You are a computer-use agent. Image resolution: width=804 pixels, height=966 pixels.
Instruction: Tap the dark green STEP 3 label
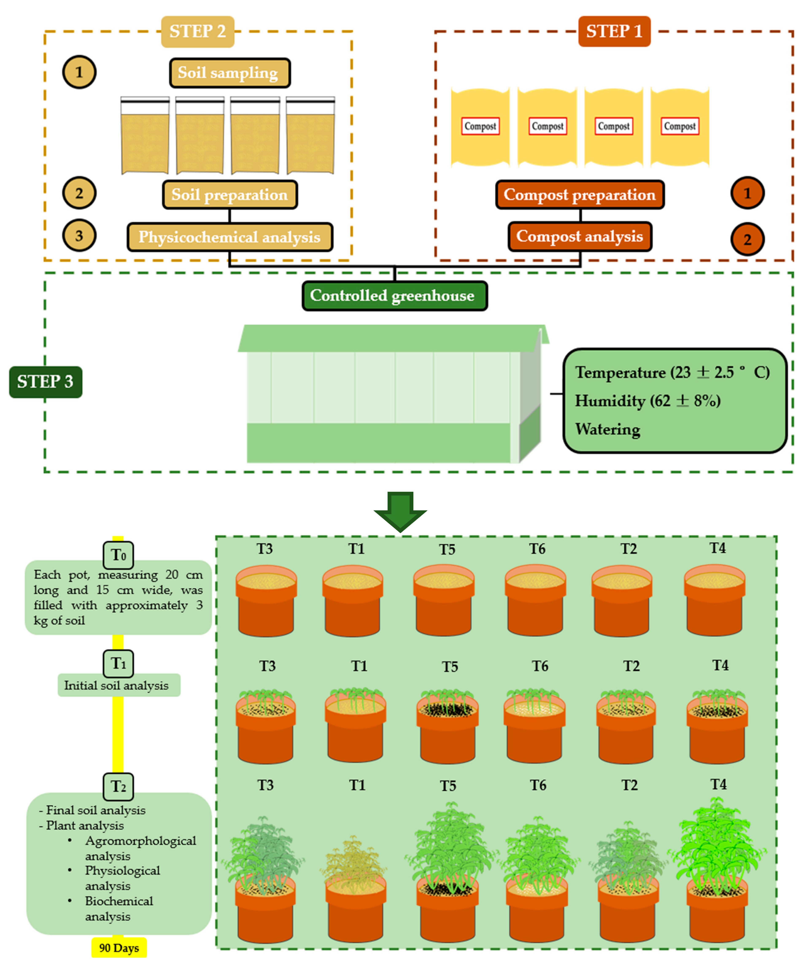[46, 382]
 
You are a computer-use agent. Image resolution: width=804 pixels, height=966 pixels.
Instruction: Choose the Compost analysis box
[580, 236]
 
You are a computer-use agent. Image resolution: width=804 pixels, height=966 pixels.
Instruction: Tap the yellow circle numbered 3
[79, 235]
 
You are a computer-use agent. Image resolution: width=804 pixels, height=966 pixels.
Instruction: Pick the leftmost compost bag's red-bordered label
[480, 126]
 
